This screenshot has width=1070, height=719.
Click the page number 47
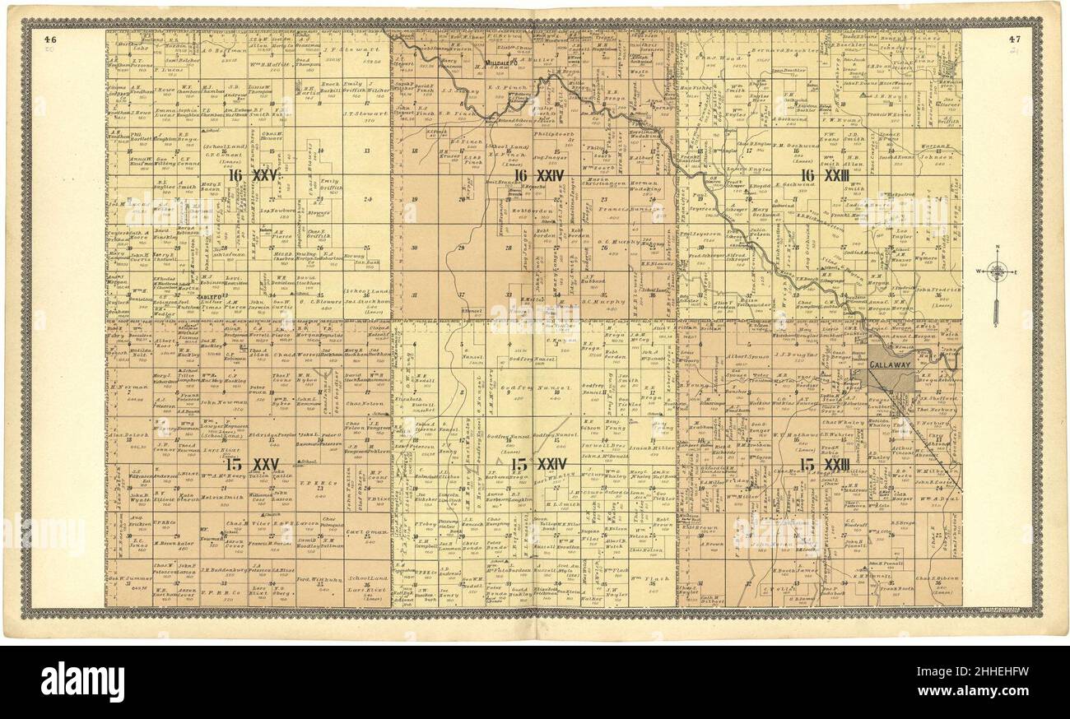[1014, 38]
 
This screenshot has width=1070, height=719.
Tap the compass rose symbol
[997, 271]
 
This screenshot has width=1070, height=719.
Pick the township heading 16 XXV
[252, 175]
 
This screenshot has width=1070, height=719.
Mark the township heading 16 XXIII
[823, 175]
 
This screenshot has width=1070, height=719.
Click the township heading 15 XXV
[252, 465]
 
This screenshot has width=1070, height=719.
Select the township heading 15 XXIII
[823, 465]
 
